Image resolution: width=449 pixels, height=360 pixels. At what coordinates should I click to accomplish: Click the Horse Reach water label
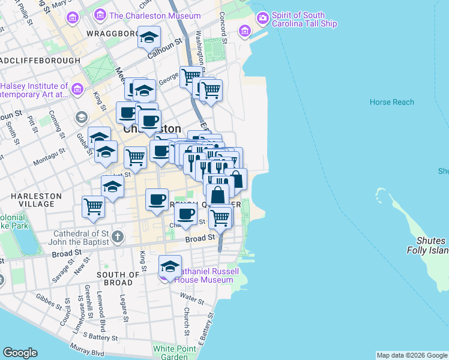coord(391,102)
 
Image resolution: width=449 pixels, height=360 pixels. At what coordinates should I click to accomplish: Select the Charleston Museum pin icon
coord(100,16)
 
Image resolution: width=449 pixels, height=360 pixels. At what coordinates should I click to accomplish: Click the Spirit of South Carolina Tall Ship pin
coord(262,19)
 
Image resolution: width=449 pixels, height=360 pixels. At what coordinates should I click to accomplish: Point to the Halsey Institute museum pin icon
coord(77,90)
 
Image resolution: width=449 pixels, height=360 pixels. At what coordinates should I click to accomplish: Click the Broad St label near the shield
coord(200,238)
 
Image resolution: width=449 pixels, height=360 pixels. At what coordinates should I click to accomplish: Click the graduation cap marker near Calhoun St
coord(148,39)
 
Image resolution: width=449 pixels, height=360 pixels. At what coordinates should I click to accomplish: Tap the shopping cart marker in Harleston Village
coord(94,207)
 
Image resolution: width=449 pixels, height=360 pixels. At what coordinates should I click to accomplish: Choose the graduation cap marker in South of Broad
coord(170,266)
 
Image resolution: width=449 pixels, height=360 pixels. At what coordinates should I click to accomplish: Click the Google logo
coord(20,353)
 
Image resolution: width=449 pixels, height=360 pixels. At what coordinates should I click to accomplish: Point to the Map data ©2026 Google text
coord(411,355)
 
